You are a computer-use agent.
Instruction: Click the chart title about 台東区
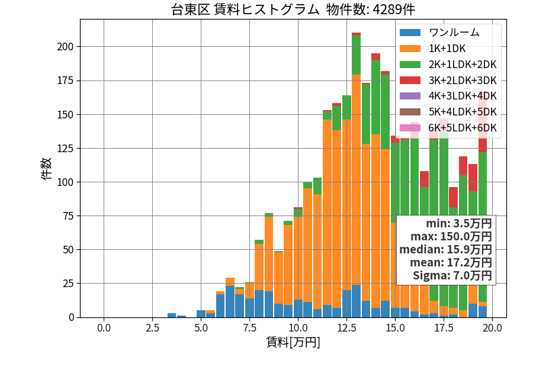[x=293, y=9]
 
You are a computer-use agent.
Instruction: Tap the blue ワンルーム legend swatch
[x=410, y=33]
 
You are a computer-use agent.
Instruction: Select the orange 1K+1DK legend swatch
[x=410, y=49]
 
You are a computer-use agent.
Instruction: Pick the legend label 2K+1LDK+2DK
[x=463, y=65]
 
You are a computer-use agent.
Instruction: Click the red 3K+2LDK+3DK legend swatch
[x=410, y=81]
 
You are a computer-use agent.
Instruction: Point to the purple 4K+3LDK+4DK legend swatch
[x=410, y=96]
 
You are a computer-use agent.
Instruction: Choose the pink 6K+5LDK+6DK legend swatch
[x=410, y=128]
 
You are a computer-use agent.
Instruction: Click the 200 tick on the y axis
[x=65, y=47]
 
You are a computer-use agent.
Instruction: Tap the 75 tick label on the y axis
[x=68, y=216]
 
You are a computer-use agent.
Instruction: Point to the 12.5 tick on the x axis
[x=346, y=328]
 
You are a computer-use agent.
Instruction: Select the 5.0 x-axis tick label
[x=201, y=328]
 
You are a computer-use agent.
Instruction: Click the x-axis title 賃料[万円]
[x=293, y=342]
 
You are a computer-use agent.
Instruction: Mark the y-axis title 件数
[x=46, y=169]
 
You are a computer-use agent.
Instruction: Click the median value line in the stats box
[x=445, y=250]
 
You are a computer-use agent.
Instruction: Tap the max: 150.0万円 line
[x=451, y=236]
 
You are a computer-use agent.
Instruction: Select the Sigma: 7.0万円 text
[x=452, y=275]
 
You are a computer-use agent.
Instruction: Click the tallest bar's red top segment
[x=357, y=34]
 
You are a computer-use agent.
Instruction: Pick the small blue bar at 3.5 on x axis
[x=172, y=315]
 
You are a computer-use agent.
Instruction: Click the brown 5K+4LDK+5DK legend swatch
[x=410, y=112]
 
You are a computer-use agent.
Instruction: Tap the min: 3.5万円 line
[x=459, y=224]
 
